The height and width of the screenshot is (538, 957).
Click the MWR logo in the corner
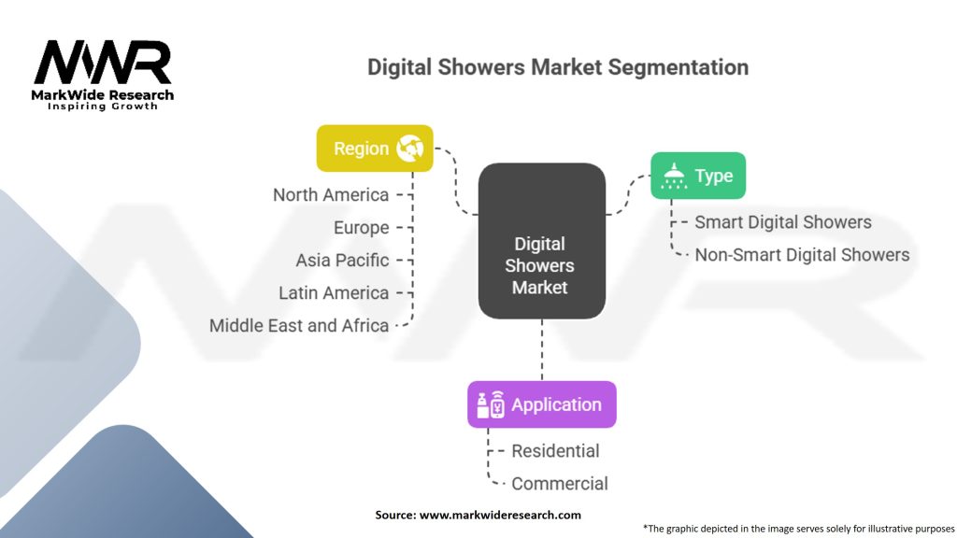coord(103,64)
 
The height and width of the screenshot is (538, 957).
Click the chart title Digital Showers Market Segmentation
coord(557,67)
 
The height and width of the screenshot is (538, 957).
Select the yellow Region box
coord(375,149)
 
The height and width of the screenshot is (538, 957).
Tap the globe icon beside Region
coord(410,149)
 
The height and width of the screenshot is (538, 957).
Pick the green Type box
coord(698,176)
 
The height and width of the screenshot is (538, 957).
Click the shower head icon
coord(672,176)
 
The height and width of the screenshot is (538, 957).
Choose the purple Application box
coord(541,404)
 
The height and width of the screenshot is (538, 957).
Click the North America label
coord(331,194)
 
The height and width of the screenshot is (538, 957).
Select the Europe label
coord(361,227)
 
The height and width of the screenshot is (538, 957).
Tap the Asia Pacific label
coord(342,260)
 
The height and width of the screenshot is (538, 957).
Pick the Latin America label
coord(334,292)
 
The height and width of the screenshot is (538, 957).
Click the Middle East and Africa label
coord(299,325)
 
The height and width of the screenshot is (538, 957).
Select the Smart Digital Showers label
coord(783,221)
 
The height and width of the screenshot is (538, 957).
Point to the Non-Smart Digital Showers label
coord(802,254)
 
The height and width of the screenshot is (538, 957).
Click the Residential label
coord(555,450)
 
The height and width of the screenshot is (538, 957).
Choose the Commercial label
coord(559,483)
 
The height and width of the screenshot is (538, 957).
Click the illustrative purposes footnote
coord(798,528)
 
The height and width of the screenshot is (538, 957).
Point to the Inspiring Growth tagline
coord(103,106)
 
